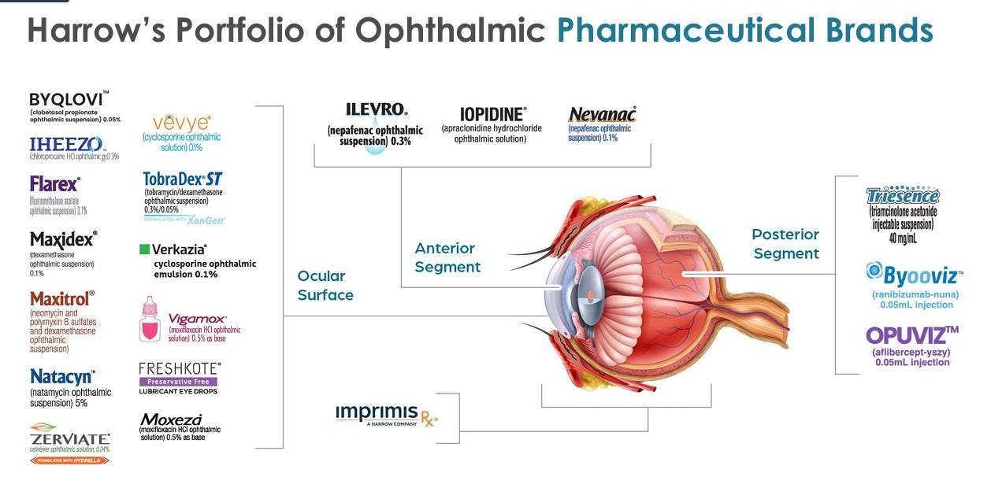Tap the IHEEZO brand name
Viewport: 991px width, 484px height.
[x=66, y=144]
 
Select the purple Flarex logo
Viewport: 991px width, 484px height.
[x=54, y=184]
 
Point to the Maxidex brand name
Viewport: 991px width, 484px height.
[x=63, y=239]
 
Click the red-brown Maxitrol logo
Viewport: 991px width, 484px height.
[x=62, y=299]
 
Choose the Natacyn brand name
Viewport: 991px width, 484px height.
[x=62, y=376]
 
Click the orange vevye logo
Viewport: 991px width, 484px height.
[x=182, y=123]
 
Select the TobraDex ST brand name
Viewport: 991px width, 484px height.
[x=183, y=179]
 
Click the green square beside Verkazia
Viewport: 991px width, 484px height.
[x=144, y=249]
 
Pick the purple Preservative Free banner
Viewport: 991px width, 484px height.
[x=178, y=382]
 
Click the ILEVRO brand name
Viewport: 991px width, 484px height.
[x=376, y=110]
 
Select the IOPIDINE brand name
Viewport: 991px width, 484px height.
[x=494, y=114]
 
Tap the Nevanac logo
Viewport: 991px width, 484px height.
[x=602, y=115]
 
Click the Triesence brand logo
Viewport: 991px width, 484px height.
[x=903, y=196]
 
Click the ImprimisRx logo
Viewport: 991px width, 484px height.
[x=386, y=414]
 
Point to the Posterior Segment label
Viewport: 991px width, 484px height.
[x=785, y=244]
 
